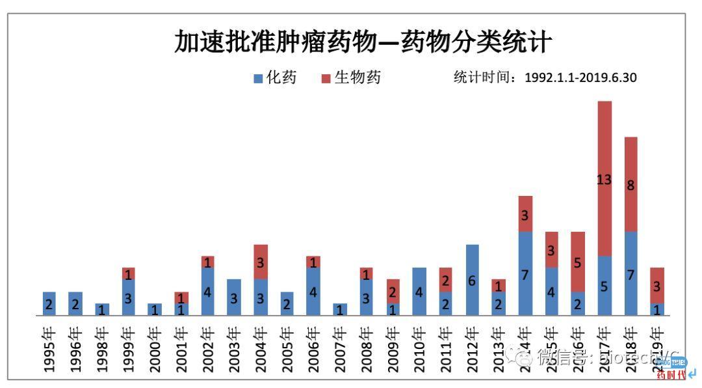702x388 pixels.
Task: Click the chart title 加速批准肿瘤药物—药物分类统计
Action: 363,42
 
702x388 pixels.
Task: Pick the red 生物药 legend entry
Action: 351,78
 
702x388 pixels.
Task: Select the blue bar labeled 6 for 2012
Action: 473,280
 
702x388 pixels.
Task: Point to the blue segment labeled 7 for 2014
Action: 525,273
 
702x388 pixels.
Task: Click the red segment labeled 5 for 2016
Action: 578,262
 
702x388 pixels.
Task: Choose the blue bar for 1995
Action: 49,304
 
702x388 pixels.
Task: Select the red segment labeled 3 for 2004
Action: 261,262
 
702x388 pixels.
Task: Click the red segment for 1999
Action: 128,273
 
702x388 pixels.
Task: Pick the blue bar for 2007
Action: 340,310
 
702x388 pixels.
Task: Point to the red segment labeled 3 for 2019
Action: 657,286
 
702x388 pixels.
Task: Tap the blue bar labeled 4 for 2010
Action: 419,292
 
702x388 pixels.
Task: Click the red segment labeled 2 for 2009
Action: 393,292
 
